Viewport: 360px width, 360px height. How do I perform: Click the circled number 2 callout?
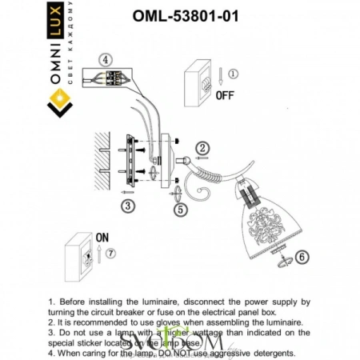(x=203, y=148)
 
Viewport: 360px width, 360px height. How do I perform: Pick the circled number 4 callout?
(x=106, y=59)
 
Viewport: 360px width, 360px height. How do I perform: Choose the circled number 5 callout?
(x=181, y=210)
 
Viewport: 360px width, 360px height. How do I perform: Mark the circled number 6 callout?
(x=301, y=258)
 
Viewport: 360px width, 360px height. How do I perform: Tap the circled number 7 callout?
(x=110, y=254)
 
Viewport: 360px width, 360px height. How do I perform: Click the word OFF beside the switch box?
(x=226, y=94)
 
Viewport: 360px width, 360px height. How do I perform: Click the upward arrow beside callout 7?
(x=98, y=254)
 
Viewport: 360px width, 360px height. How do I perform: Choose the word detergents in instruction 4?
(x=267, y=353)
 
